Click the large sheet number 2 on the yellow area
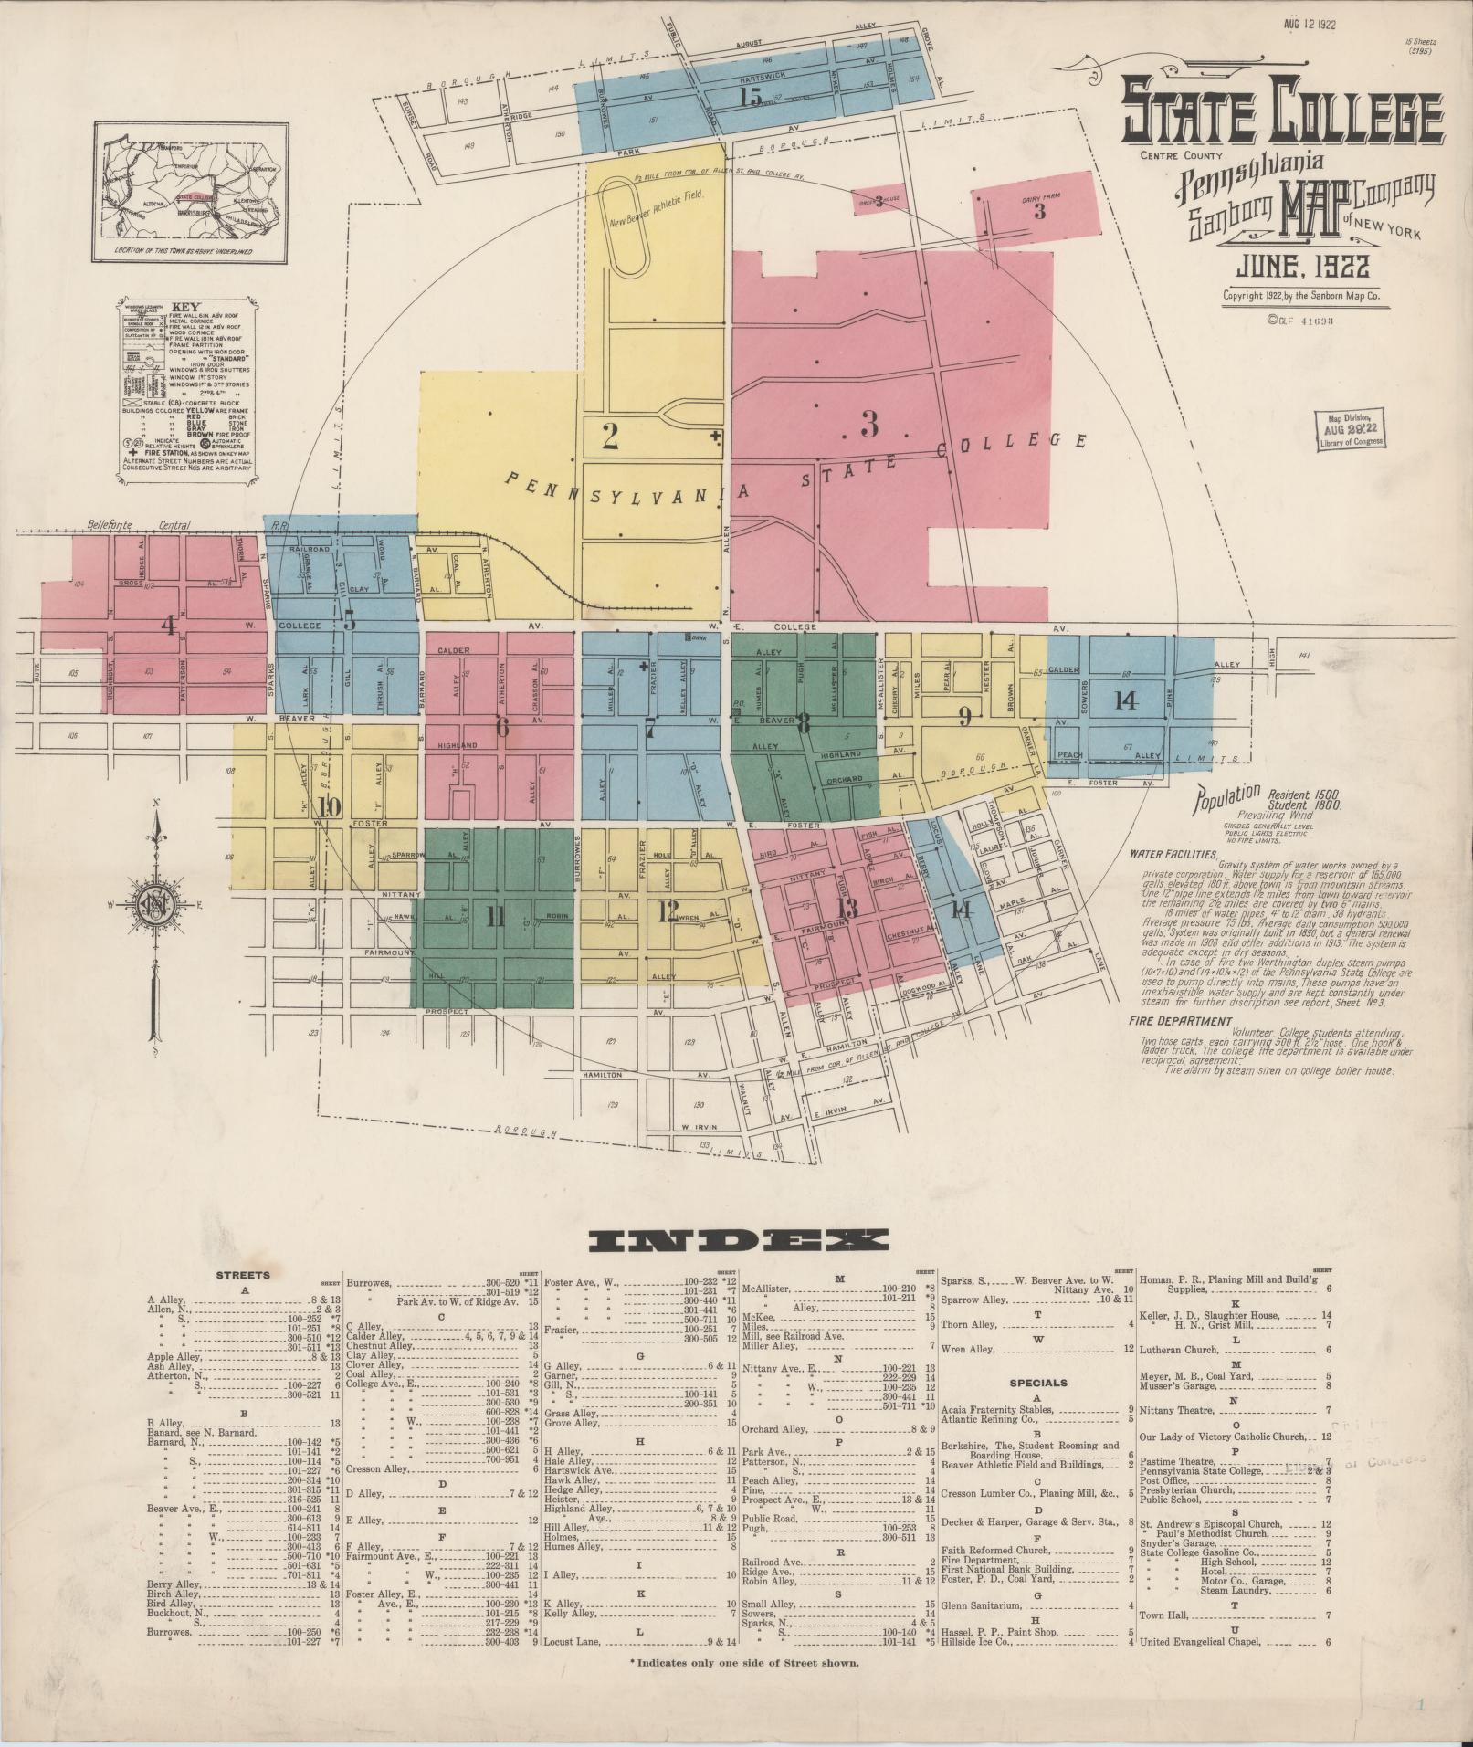pos(611,437)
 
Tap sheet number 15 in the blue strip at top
pos(752,97)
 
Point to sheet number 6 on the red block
pos(501,728)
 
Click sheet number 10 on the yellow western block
pos(330,806)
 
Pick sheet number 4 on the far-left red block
pos(168,626)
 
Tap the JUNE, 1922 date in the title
pos(1302,267)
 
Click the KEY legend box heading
pos(186,308)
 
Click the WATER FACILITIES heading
pos(1173,855)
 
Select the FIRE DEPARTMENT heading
pos(1180,1021)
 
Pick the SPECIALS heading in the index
pos(1037,1383)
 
